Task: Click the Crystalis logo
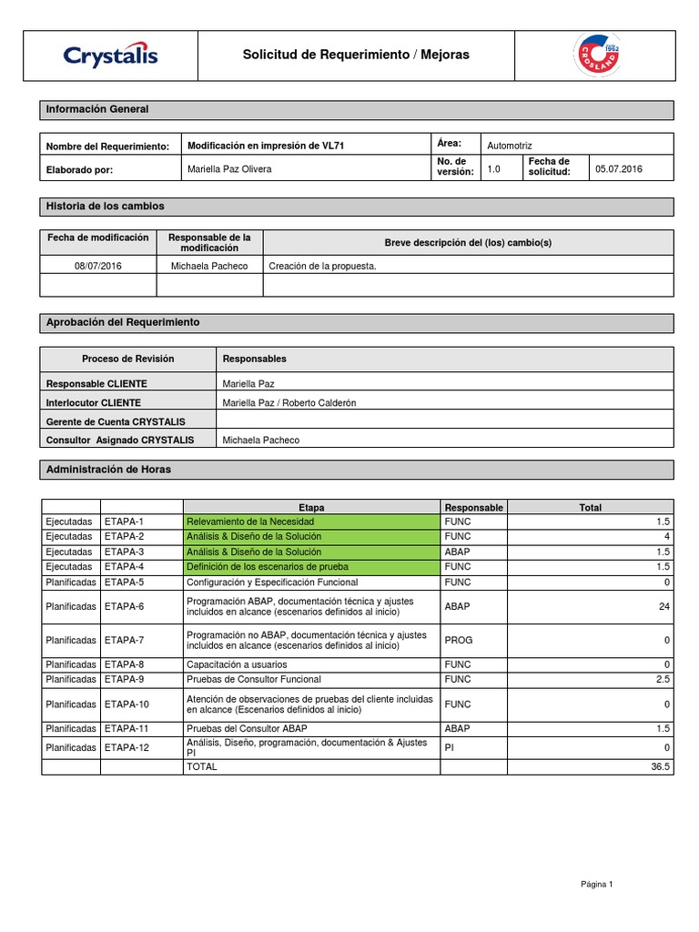(110, 56)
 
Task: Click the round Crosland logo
(594, 56)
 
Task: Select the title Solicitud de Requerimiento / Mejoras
(356, 56)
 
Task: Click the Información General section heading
(97, 109)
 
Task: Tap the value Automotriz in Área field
(510, 145)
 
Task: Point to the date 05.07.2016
(619, 168)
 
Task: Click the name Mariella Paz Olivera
(229, 169)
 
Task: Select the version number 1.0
(494, 168)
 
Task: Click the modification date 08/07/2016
(98, 266)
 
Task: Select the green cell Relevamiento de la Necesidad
(250, 522)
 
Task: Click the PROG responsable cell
(458, 640)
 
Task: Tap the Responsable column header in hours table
(473, 507)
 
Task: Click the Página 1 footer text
(597, 884)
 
